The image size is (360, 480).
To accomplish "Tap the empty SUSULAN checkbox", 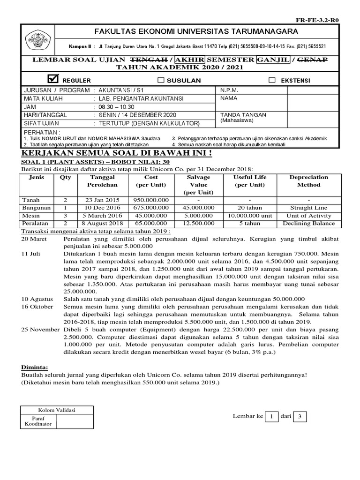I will point(161,80).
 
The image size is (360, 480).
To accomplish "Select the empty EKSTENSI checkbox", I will point(272,80).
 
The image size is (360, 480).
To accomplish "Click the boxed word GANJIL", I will point(271,60).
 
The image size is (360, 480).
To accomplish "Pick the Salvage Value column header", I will point(198,185).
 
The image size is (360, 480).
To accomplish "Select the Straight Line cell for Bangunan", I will point(308,208).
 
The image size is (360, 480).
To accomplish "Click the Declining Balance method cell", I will point(308,224).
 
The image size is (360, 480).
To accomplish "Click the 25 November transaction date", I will point(40,329).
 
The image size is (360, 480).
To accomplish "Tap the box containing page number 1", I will point(271,416).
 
